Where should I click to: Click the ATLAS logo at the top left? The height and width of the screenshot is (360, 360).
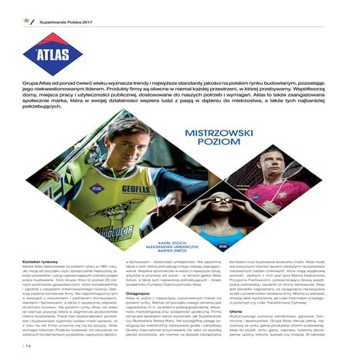click(x=53, y=52)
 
